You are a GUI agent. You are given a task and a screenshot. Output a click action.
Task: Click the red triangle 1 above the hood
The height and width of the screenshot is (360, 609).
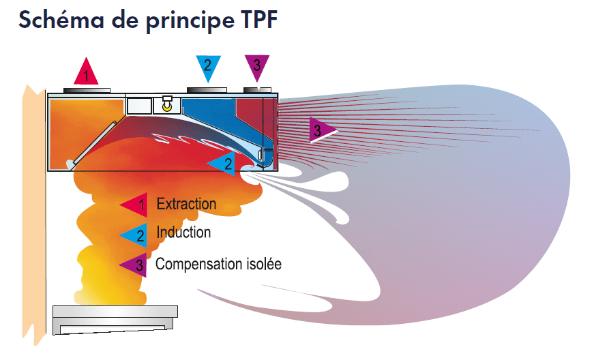click(86, 71)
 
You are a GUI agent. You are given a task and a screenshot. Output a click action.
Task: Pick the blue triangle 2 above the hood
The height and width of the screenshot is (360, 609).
click(207, 67)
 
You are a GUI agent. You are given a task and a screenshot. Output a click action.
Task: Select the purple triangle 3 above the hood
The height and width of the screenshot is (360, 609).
click(256, 67)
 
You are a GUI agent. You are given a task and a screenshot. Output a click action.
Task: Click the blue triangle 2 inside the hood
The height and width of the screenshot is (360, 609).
click(224, 163)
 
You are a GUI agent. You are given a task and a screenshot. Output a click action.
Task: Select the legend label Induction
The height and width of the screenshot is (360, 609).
click(183, 232)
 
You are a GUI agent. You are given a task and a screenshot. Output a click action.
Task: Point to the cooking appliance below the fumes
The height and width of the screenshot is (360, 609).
click(115, 318)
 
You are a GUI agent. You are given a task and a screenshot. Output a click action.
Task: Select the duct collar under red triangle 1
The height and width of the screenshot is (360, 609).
click(87, 89)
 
